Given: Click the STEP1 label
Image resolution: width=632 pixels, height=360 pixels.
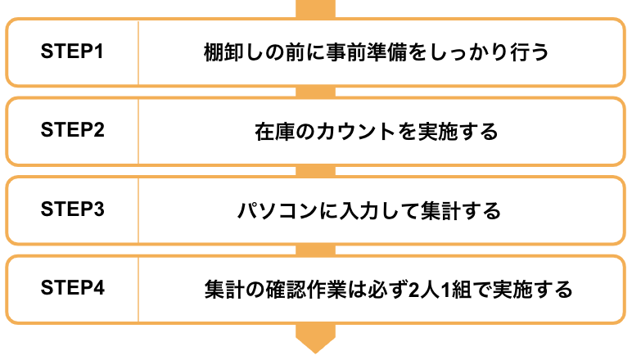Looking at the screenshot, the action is [x=72, y=52].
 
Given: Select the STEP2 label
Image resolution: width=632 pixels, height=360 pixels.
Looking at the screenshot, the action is [x=73, y=130].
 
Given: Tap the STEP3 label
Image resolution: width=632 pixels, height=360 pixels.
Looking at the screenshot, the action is [x=73, y=209].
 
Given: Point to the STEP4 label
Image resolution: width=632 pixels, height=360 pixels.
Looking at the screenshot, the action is [x=73, y=288].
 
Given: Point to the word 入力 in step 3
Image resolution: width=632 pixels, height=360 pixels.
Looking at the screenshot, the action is [x=359, y=210].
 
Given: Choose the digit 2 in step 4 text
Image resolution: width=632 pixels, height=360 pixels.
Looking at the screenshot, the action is [x=413, y=290].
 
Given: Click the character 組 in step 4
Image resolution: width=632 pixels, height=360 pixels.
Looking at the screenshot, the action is [x=462, y=290].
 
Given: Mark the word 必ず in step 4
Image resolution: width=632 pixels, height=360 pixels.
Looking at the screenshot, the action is [x=387, y=290].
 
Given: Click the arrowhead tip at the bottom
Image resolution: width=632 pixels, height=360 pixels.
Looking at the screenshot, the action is [x=316, y=353].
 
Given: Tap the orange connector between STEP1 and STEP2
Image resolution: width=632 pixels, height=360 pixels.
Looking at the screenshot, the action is [x=316, y=92].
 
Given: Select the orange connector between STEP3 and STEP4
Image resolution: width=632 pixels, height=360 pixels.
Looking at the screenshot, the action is [x=316, y=250].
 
